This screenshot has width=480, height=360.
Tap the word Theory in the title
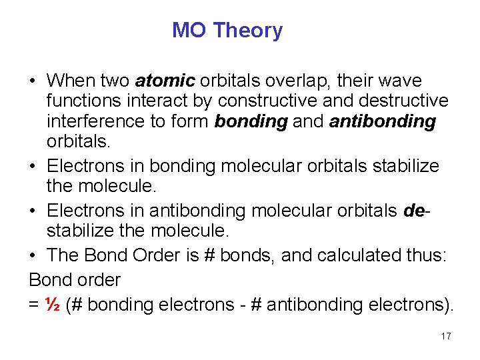[248, 31]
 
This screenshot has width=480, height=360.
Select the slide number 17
[446, 336]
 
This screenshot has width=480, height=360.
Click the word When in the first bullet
[71, 81]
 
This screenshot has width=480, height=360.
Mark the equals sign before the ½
[35, 305]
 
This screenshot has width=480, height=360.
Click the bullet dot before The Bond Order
[33, 255]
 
